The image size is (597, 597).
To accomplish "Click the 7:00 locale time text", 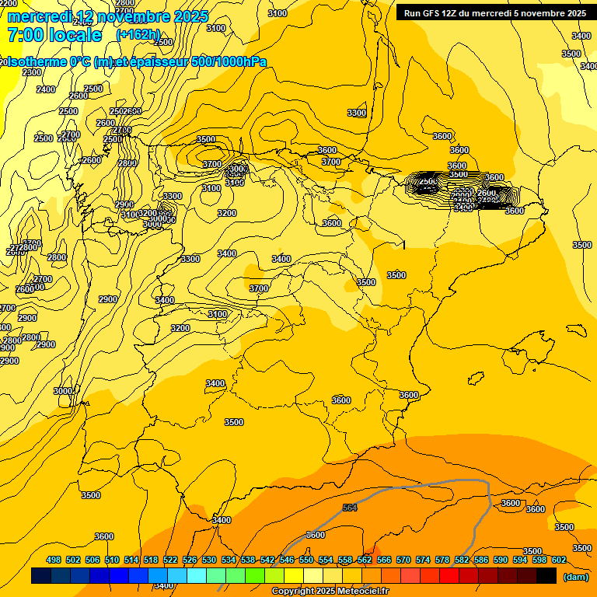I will click(54, 35).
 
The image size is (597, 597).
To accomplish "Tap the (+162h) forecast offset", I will click(138, 35).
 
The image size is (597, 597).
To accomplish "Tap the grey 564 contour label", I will click(350, 508).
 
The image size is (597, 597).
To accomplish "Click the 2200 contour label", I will click(8, 3).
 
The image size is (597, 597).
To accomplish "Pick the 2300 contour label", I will click(32, 72).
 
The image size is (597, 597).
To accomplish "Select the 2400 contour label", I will click(46, 89).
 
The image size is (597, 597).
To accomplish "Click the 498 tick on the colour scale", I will click(54, 560).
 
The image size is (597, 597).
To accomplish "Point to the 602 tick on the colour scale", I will click(559, 560).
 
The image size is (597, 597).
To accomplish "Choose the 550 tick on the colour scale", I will click(306, 560).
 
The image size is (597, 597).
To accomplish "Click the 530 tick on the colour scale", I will click(209, 560).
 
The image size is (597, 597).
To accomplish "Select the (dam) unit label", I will click(576, 577).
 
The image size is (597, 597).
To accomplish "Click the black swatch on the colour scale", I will click(546, 576).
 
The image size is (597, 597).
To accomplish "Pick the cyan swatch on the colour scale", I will click(197, 576).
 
